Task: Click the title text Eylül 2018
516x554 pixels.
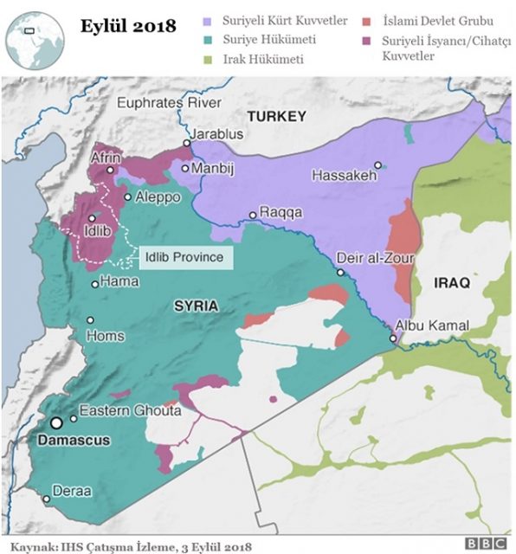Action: tap(127, 25)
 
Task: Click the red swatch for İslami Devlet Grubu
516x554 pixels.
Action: tap(368, 20)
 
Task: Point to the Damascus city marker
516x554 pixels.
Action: tap(56, 422)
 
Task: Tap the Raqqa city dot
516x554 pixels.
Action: tap(253, 215)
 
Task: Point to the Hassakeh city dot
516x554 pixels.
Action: tap(377, 164)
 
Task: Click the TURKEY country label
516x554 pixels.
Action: tap(276, 116)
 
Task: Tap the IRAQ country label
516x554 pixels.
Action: tap(451, 283)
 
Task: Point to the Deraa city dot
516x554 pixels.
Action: tap(46, 499)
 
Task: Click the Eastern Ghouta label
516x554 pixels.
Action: tap(130, 411)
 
